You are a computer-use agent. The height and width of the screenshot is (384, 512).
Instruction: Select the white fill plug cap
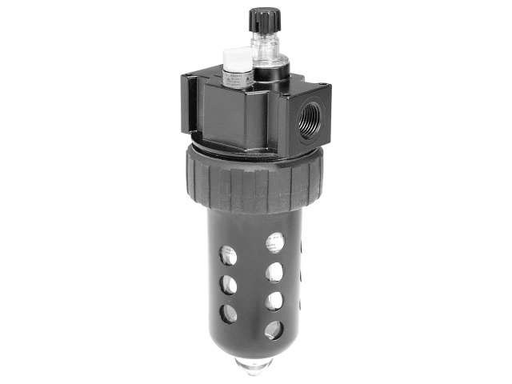click(236, 58)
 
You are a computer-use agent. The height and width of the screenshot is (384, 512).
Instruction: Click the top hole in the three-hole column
click(229, 255)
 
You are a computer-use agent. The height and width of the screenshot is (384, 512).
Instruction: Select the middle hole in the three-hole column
click(229, 284)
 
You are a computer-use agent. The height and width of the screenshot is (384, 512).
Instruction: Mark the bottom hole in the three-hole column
click(230, 313)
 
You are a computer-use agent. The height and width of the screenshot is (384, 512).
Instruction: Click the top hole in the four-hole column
click(275, 242)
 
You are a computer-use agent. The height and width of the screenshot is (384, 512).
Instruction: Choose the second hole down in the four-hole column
click(274, 271)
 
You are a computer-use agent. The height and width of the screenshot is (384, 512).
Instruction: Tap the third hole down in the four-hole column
click(274, 301)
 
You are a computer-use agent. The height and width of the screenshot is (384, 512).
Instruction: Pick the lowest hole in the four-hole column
click(274, 329)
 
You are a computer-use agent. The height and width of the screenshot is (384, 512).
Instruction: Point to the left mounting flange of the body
click(189, 104)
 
